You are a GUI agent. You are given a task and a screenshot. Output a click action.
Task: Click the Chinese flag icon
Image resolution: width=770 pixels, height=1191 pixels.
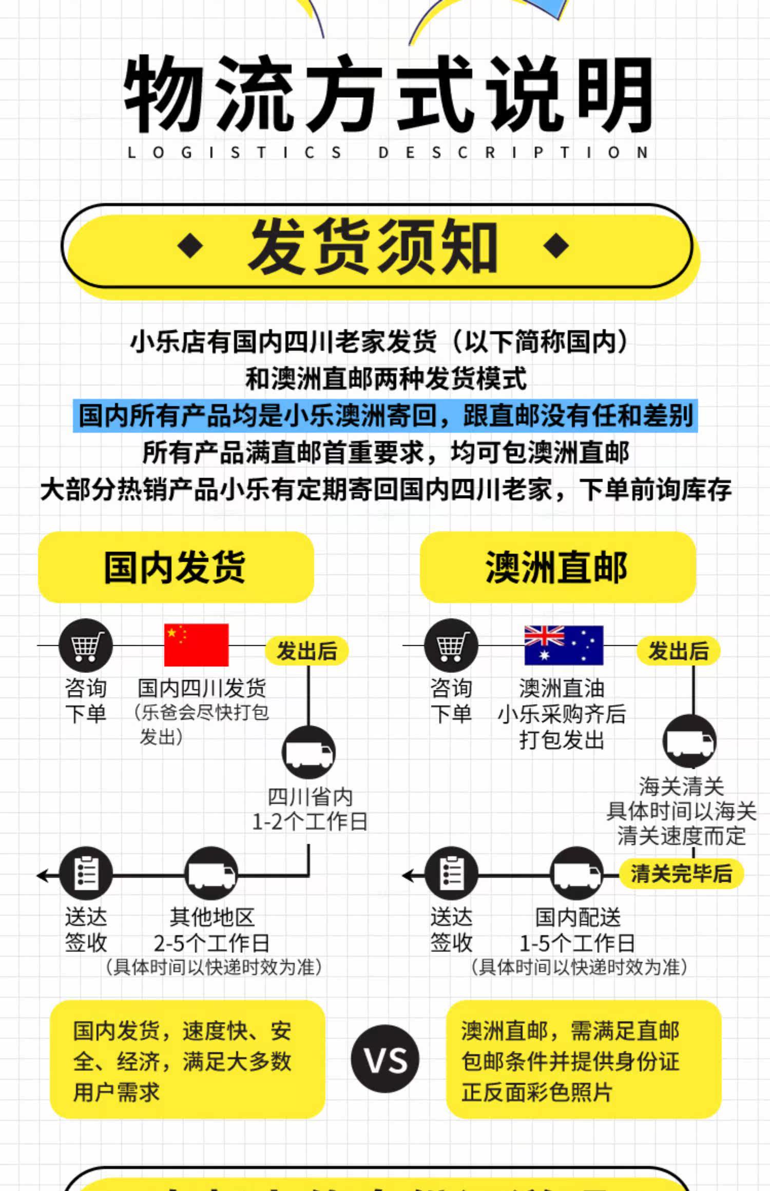tap(196, 645)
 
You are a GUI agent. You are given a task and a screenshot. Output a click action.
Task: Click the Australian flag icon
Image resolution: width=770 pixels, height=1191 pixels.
tap(563, 645)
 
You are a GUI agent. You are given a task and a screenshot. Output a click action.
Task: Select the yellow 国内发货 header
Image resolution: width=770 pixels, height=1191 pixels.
tap(176, 567)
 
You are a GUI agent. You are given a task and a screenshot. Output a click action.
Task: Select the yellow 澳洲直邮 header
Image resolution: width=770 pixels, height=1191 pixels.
tap(557, 567)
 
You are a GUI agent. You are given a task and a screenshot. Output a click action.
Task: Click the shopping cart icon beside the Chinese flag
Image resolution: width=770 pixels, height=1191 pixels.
tap(86, 645)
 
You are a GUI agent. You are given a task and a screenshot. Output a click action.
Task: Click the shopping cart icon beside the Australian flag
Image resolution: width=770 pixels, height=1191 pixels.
tap(451, 645)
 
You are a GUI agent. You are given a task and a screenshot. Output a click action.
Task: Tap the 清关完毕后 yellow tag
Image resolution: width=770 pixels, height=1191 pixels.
tap(681, 873)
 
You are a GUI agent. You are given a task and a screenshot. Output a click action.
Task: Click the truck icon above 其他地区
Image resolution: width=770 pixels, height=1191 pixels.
tap(211, 874)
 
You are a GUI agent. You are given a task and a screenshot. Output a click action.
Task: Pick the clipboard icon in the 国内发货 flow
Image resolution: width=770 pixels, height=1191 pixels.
tap(86, 874)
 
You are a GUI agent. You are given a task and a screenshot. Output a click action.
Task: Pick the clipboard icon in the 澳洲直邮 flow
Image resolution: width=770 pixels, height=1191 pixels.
tap(451, 874)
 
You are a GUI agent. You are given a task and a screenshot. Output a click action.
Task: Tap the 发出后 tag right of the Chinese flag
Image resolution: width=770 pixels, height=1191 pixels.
tap(307, 651)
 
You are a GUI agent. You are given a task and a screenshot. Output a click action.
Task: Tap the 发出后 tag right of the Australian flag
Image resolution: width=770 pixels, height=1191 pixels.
tap(678, 651)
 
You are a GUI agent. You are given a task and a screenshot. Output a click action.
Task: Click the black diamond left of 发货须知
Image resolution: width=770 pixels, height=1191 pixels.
tap(190, 246)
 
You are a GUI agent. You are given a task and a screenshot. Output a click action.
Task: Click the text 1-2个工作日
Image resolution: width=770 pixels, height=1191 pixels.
tap(310, 821)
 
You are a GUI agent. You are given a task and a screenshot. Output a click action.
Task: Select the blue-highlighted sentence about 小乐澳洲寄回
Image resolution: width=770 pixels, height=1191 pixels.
tap(385, 415)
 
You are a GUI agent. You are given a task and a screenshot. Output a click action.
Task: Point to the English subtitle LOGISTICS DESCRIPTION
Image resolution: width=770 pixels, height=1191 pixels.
tap(387, 152)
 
